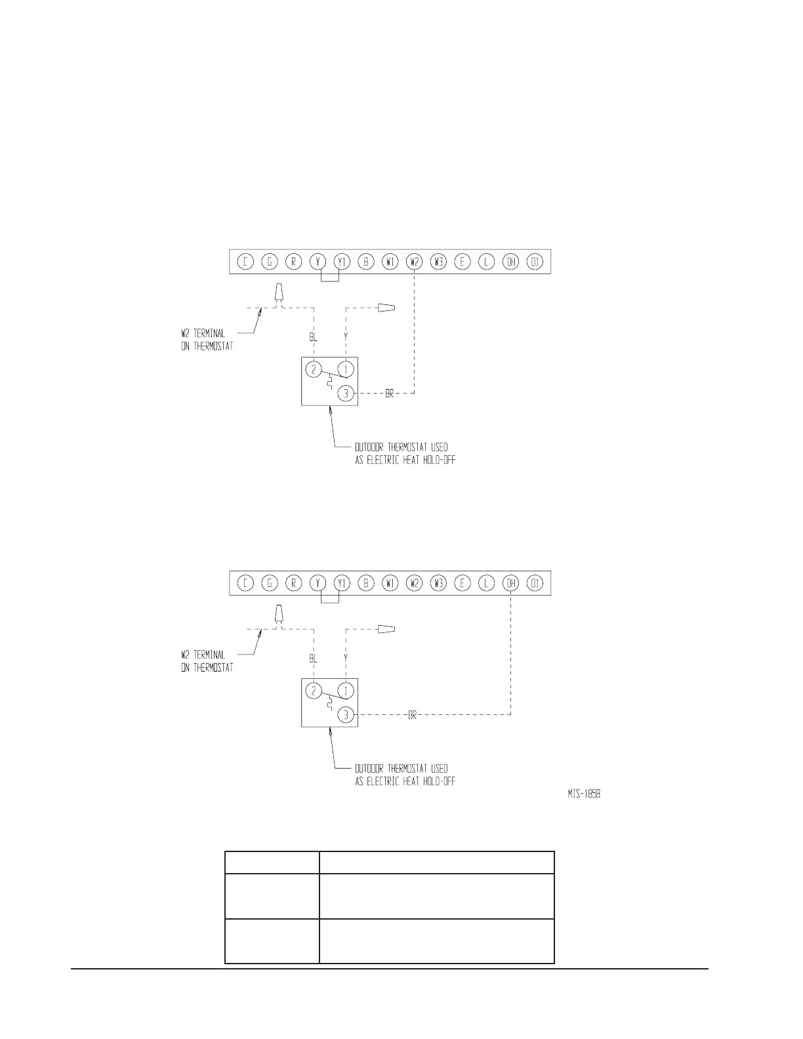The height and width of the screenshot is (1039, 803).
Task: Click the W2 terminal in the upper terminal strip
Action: tap(414, 262)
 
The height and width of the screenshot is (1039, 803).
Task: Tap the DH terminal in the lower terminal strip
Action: tap(510, 583)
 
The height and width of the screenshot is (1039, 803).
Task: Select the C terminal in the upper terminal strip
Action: tap(245, 262)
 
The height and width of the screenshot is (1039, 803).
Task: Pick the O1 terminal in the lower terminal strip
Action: tap(535, 583)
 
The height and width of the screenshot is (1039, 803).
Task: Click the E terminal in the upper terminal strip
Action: tap(463, 262)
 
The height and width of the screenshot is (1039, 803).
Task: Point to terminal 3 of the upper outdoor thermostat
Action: tap(346, 394)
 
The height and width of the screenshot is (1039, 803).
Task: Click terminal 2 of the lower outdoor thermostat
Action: tap(314, 691)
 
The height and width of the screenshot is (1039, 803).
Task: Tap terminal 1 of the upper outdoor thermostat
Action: tap(346, 369)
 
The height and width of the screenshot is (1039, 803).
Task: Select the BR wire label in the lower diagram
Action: tap(413, 715)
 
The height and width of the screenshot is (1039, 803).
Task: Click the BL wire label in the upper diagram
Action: tap(314, 337)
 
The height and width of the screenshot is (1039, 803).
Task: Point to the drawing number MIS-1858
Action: tap(584, 794)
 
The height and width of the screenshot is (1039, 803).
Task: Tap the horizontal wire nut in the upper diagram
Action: tap(388, 307)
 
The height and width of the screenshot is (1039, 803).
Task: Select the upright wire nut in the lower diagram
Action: tap(279, 613)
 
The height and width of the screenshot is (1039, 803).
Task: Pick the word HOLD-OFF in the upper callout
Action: tap(438, 460)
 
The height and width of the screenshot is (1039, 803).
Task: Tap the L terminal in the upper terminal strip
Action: tap(486, 262)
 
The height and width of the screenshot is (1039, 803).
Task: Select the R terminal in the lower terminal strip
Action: tap(294, 583)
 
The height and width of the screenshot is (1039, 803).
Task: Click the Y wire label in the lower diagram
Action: tap(346, 658)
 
